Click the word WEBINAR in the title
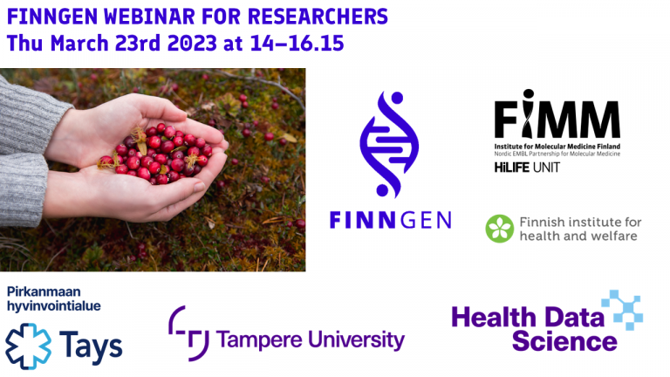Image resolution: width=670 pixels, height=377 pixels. coord(149,17)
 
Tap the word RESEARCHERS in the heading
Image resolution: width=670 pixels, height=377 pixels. coord(318,17)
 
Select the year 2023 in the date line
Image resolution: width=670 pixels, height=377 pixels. coord(192,43)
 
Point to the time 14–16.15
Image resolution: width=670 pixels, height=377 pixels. coord(297,43)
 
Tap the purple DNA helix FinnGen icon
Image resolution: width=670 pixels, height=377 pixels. coord(389,144)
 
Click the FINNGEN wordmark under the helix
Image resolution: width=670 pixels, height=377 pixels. coord(391,220)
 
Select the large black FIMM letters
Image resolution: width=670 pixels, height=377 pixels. coord(557,113)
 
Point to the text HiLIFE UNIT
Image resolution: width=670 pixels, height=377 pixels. coord(527,168)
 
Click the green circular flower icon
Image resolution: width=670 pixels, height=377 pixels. coord(500,229)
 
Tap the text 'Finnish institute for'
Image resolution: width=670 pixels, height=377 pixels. coord(580,223)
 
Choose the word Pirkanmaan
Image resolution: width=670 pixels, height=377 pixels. coord(44,292)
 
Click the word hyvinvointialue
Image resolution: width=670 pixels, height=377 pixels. coord(54,306)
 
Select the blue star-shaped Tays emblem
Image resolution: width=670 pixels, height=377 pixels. coord(28,346)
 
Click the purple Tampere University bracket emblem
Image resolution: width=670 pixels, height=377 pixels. coord(188,333)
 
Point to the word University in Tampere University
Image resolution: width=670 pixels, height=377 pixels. coord(356,340)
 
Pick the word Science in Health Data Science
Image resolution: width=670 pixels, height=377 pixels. coord(564,341)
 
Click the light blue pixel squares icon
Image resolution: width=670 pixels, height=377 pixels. coord(622,310)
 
